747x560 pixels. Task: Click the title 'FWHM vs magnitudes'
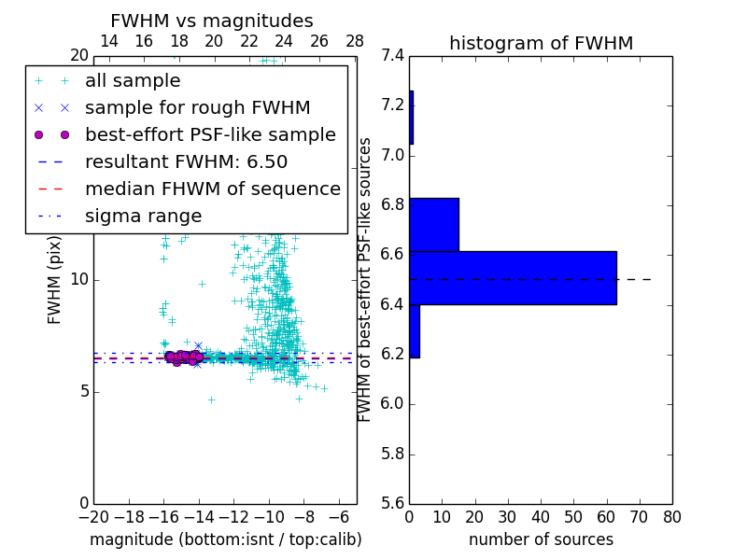tap(212, 21)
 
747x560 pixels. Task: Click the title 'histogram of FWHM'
tap(541, 43)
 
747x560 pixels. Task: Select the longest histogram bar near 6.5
tap(513, 277)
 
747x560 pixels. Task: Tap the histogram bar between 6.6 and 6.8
tap(434, 224)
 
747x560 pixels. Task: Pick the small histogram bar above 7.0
tap(411, 117)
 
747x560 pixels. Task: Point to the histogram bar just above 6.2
tap(415, 330)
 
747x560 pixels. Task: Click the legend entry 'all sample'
tap(133, 81)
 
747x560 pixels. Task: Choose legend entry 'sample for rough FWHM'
tap(197, 108)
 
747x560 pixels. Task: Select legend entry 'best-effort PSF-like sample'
tap(210, 135)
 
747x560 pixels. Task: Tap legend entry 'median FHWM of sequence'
tap(212, 189)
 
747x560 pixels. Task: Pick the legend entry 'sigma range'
tap(143, 217)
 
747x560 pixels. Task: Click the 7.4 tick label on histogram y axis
tap(393, 55)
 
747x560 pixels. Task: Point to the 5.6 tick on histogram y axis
tap(393, 504)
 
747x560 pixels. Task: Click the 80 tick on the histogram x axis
tap(671, 516)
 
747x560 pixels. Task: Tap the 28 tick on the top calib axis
tap(355, 41)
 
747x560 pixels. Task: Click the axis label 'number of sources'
tap(541, 539)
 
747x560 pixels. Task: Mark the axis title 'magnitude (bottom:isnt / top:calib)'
tap(225, 539)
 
